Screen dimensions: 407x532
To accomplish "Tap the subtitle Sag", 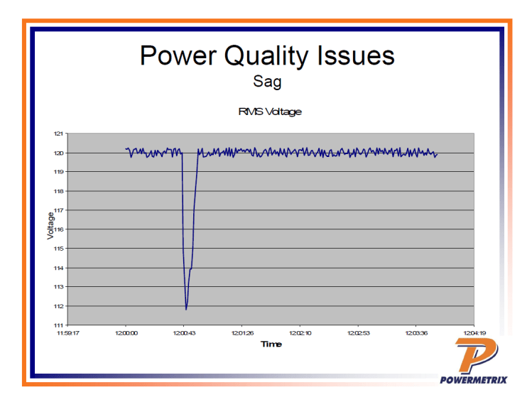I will click(267, 82).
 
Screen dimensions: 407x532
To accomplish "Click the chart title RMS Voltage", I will click(269, 112).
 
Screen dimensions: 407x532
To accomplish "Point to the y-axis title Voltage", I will click(50, 225).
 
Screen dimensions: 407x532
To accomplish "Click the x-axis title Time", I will click(271, 344).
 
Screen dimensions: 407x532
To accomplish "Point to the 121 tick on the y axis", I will click(59, 134).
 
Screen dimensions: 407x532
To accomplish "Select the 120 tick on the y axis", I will click(59, 153).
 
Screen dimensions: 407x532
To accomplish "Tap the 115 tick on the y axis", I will click(59, 249).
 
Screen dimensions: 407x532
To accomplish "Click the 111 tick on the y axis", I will click(59, 325).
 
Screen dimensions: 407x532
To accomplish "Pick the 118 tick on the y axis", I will click(59, 191).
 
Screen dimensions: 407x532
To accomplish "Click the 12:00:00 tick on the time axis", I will click(126, 332).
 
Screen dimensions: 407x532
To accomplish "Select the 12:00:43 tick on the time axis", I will click(183, 332).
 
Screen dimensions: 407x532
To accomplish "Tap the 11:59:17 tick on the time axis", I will click(68, 332).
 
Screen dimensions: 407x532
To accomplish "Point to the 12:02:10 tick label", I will click(300, 332).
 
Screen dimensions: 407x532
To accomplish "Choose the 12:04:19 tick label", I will click(474, 332).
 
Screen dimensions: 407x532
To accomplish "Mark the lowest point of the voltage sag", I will click(186, 309).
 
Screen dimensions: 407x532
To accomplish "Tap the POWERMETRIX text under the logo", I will click(474, 379).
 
